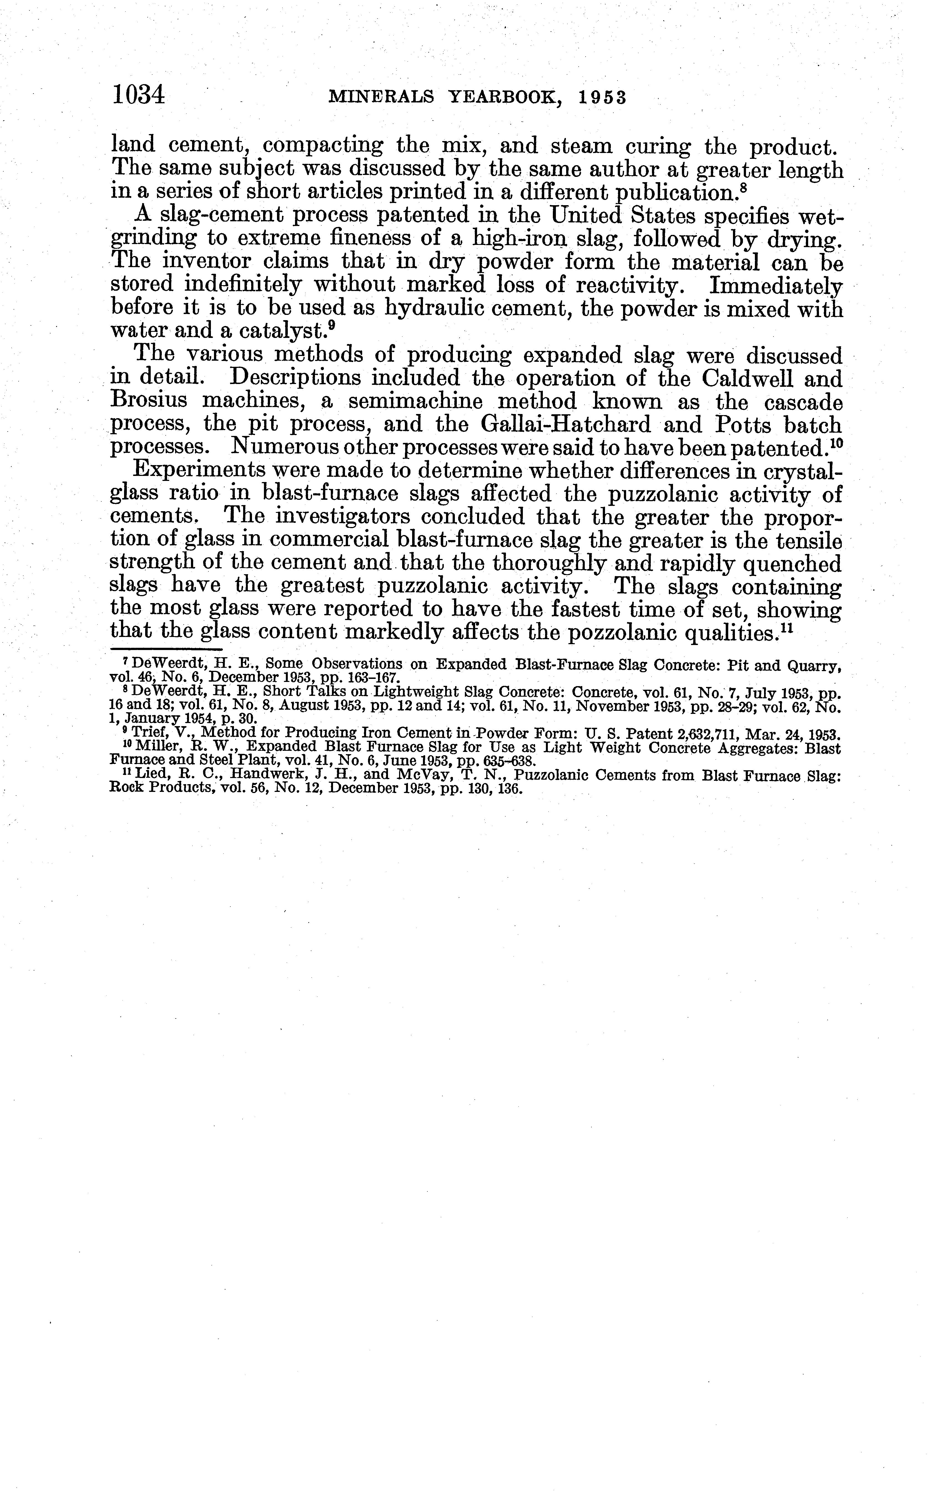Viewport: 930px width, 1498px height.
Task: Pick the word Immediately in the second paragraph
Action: (775, 286)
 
